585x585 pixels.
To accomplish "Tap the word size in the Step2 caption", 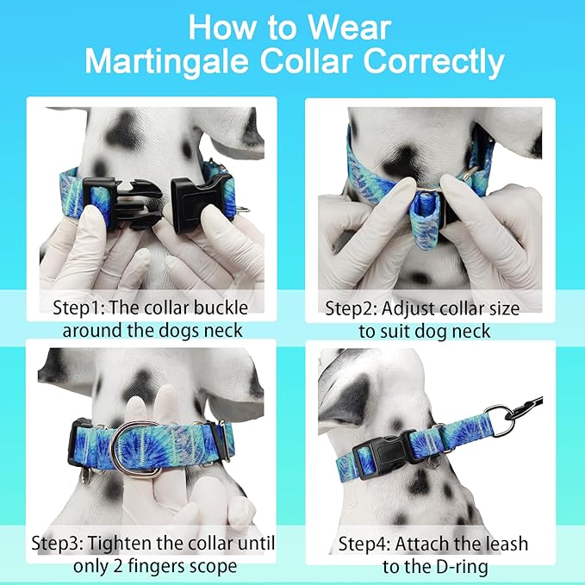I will point(502,308).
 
